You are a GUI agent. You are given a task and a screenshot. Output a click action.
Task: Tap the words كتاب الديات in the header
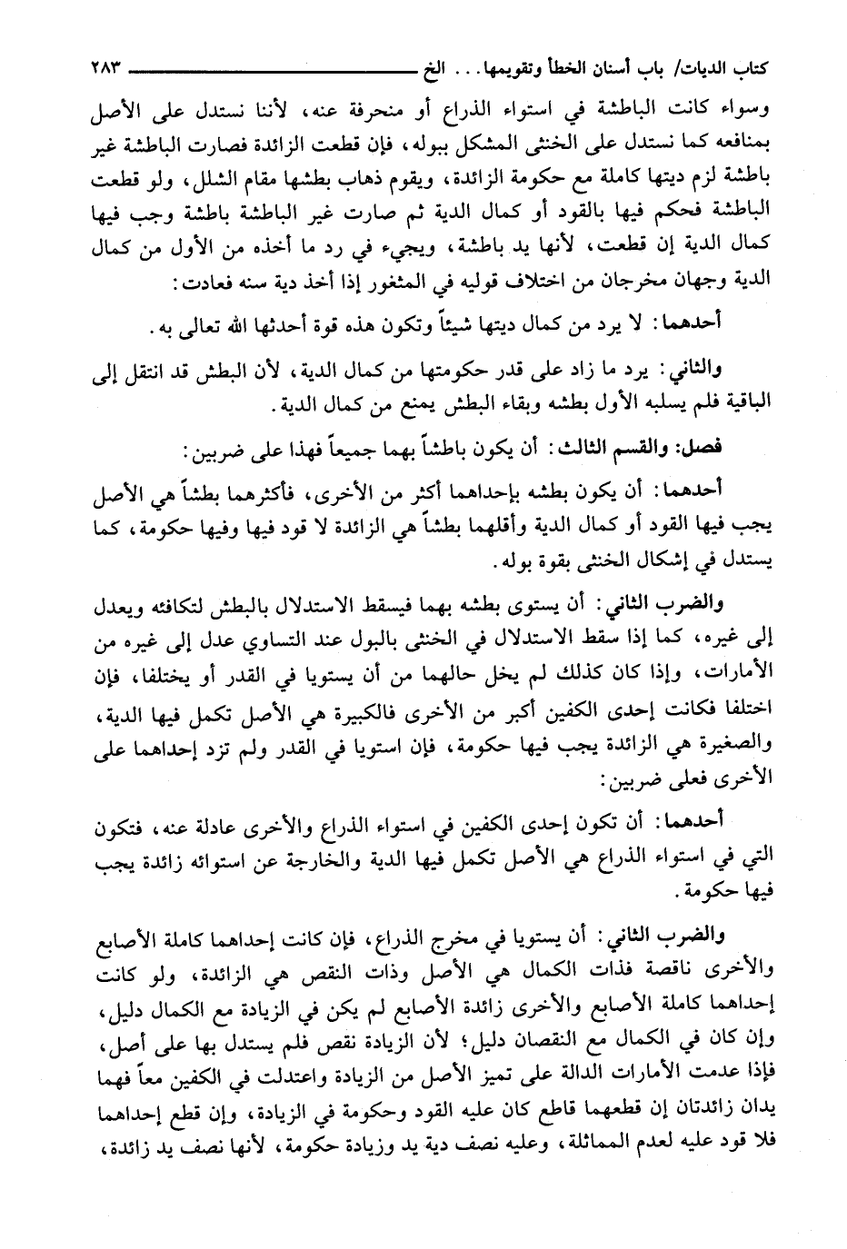point(723,67)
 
